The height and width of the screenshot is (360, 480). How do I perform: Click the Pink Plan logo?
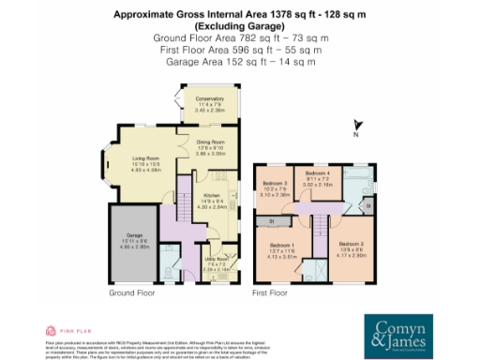pyautogui.click(x=65, y=331)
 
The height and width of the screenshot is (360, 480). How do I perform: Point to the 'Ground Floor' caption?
pyautogui.click(x=131, y=293)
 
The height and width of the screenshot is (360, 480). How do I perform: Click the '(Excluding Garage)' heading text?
pyautogui.click(x=239, y=25)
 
